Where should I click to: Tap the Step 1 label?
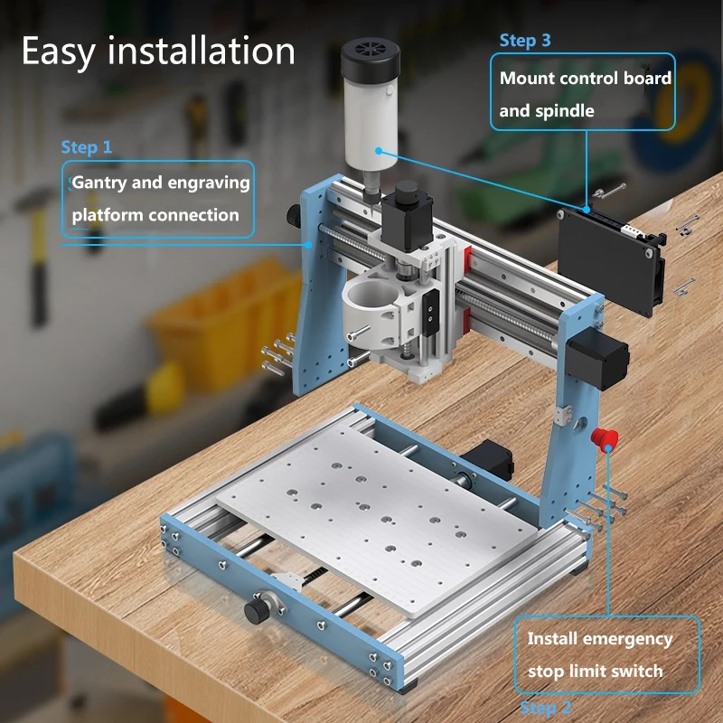point(87,146)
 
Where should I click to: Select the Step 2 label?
point(546,708)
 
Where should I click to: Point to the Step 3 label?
point(525,41)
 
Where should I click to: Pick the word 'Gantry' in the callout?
point(99,183)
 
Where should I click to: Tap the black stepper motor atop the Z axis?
point(406,217)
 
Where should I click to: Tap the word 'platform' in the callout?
point(108,215)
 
